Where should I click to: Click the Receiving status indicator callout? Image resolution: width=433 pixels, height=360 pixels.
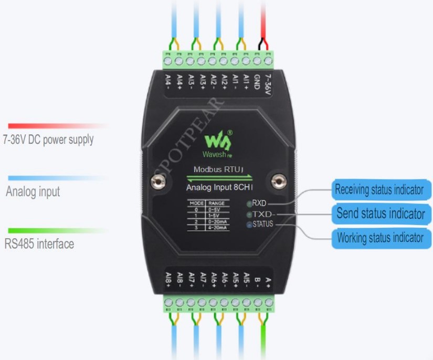[x=379, y=189]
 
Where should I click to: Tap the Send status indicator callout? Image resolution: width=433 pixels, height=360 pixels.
[x=381, y=214]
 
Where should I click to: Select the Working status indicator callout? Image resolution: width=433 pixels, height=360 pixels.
[x=380, y=238]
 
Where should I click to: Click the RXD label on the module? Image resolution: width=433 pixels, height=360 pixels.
[x=259, y=203]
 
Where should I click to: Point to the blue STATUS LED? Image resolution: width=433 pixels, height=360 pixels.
[x=249, y=225]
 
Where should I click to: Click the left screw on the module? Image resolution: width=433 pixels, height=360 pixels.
[x=156, y=182]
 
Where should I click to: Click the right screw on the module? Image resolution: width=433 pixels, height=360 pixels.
[x=279, y=182]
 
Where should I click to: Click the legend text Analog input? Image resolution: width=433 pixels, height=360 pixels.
[x=33, y=192]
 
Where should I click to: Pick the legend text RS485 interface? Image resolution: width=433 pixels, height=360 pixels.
[x=39, y=244]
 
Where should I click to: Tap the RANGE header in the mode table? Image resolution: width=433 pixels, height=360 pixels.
[x=216, y=203]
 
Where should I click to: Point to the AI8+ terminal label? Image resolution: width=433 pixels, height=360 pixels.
[x=168, y=279]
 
